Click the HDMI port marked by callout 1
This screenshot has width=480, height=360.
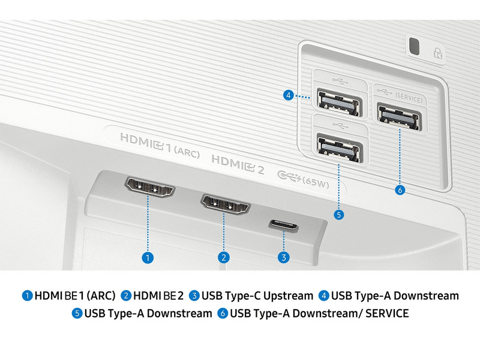(149, 187)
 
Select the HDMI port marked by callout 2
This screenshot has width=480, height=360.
(226, 204)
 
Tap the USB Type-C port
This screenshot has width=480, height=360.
(283, 226)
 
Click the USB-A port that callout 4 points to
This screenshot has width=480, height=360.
(339, 102)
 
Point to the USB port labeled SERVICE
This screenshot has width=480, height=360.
(399, 118)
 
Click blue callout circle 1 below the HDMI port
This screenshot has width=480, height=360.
(148, 257)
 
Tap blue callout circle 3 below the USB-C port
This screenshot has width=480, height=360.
(283, 257)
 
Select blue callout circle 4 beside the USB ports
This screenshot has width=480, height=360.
(289, 95)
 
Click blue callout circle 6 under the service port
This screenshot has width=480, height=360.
(400, 190)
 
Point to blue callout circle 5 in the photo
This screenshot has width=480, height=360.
(338, 215)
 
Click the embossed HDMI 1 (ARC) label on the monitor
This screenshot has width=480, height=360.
(160, 145)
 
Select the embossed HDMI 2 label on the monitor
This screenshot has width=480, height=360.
(238, 164)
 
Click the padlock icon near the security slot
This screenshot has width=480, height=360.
(438, 53)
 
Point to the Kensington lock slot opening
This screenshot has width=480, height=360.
(414, 46)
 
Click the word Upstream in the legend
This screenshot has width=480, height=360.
(288, 296)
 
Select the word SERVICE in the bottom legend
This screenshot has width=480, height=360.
(387, 313)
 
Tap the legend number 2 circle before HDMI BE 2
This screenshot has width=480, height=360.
(126, 296)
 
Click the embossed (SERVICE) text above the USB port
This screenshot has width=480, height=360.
(409, 98)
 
